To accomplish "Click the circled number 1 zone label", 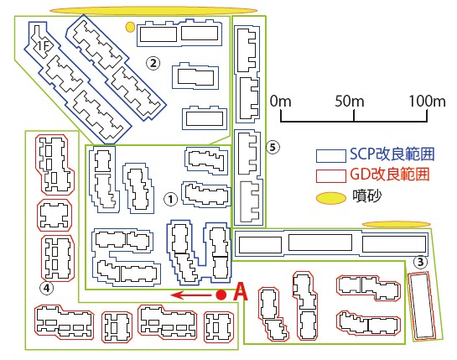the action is click(x=171, y=199).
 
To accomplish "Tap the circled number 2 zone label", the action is click(x=153, y=63).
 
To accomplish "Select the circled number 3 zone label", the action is click(x=420, y=262).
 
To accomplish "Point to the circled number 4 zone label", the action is click(x=47, y=288).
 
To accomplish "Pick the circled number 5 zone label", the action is click(x=273, y=147).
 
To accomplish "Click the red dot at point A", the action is click(x=221, y=295).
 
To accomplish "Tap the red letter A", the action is click(x=241, y=292).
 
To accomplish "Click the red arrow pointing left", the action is click(x=190, y=295).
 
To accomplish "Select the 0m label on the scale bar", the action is click(x=280, y=102).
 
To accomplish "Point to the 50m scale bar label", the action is click(x=350, y=102).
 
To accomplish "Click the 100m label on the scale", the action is click(x=428, y=102).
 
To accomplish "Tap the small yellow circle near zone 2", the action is click(x=130, y=27).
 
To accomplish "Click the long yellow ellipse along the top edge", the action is click(x=153, y=11).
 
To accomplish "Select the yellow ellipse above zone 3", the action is click(x=397, y=224).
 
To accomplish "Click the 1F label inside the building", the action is click(x=44, y=45).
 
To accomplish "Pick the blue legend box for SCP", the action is click(x=331, y=156).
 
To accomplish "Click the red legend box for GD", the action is click(x=331, y=176).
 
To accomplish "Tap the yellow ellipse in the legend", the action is click(x=331, y=198).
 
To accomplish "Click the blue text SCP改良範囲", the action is click(x=392, y=154).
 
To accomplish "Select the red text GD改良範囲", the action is click(x=390, y=175).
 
